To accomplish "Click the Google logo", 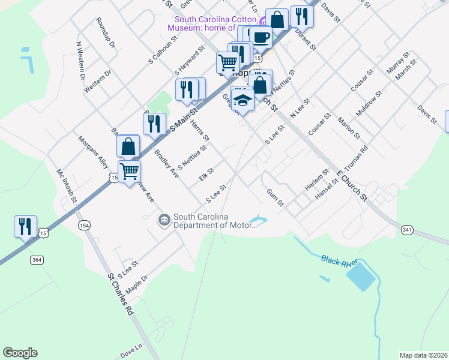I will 20,353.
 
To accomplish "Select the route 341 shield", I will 408,230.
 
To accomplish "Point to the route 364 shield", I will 37,260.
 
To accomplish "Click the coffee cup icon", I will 261,37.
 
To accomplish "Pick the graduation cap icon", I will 243,99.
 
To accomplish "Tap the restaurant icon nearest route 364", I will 25,226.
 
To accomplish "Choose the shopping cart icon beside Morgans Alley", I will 129,171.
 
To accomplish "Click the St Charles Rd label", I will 120,295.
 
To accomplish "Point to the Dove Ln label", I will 131,350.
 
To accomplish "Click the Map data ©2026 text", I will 423,355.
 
